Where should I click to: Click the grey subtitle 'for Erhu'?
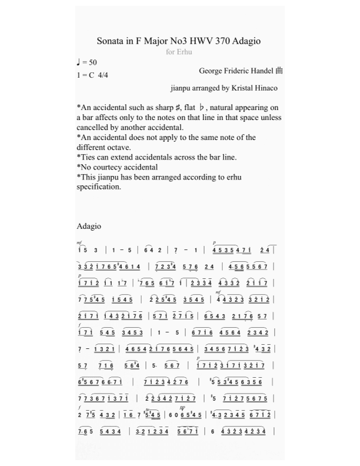click(x=179, y=52)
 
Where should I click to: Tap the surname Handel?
click(x=262, y=71)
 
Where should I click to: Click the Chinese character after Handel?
click(x=279, y=71)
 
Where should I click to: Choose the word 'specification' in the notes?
click(x=99, y=187)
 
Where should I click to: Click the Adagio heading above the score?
click(x=89, y=226)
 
